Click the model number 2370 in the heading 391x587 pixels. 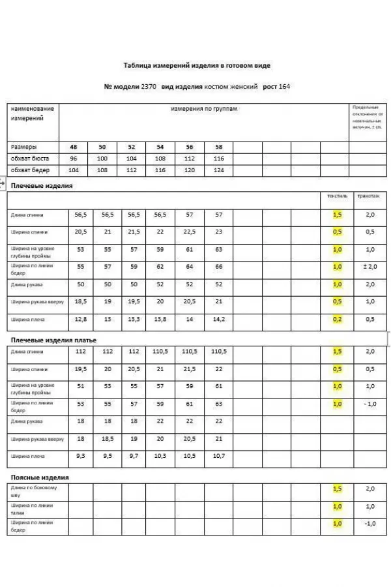(149, 86)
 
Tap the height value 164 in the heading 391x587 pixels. (284, 86)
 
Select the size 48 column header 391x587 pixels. (73, 147)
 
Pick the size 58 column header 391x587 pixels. (218, 147)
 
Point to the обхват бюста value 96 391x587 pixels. (73, 158)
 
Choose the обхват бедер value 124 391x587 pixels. (218, 170)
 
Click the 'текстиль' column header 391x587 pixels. (338, 196)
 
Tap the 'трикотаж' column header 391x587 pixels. (369, 196)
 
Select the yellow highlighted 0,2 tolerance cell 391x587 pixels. (337, 320)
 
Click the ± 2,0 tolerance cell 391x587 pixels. (370, 267)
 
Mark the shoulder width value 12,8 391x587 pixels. (81, 320)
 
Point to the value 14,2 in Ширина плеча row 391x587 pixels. (218, 320)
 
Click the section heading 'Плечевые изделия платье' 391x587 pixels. (53, 340)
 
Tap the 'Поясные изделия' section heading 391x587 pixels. (40, 477)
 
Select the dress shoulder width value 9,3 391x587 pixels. (81, 456)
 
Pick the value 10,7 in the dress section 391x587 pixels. (218, 456)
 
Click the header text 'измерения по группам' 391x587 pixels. (204, 109)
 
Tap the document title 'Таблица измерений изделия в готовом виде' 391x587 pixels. (196, 66)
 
